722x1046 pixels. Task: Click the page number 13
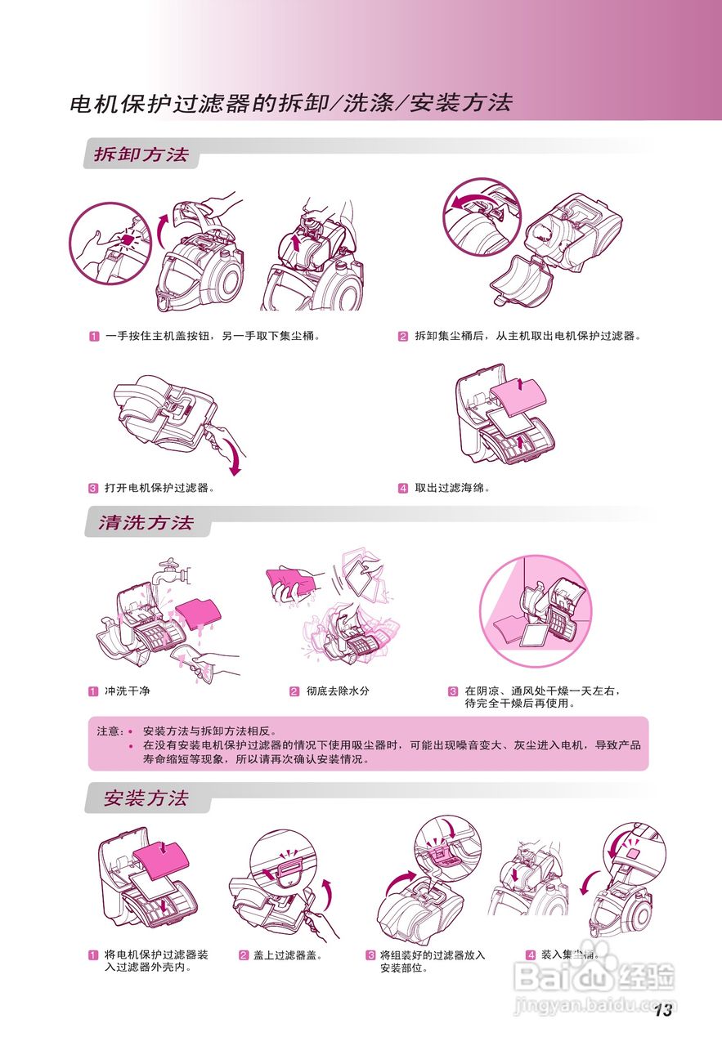point(662,1011)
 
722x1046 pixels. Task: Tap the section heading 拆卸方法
point(141,154)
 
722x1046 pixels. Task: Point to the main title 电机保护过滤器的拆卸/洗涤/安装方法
point(291,104)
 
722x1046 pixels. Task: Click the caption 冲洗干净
point(128,691)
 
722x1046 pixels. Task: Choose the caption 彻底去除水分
point(338,691)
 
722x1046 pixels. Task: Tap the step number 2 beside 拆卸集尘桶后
point(403,337)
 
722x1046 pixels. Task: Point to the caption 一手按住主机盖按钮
point(211,337)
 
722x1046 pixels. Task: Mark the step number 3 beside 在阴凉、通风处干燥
point(452,691)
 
